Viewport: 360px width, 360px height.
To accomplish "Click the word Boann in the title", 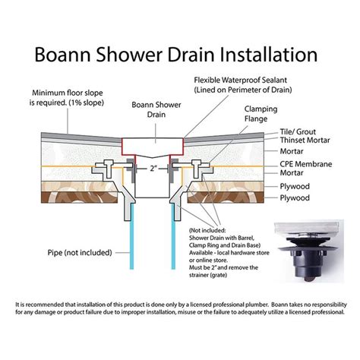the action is coord(62,55).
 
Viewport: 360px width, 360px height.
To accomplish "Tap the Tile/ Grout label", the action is coord(298,132).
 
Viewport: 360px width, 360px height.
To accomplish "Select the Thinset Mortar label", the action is coord(305,141).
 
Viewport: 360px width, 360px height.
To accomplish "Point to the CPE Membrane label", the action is coord(306,164).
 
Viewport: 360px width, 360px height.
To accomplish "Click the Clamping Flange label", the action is coord(261,114).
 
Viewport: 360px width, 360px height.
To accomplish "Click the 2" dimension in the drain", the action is coord(152,169).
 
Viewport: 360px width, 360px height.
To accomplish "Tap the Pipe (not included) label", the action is coord(80,253).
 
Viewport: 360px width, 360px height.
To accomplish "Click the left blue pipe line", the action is coord(131,236).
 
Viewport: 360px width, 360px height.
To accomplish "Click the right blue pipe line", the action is coord(173,236).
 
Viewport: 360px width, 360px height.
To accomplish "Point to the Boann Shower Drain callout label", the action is coord(156,109).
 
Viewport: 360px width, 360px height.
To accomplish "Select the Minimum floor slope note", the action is coord(67,98).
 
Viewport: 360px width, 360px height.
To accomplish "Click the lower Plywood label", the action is coord(295,197).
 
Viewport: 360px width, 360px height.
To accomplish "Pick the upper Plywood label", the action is coord(295,186).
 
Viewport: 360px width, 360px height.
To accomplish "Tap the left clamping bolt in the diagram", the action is coord(109,169).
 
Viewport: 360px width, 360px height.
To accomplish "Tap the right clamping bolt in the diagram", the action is coord(197,169).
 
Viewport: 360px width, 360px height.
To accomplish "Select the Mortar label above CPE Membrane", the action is coord(292,151).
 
